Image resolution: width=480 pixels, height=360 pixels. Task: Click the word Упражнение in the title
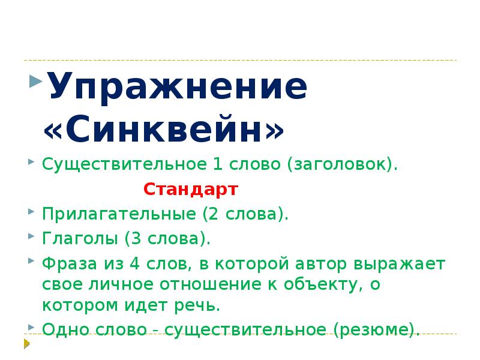pyautogui.click(x=176, y=88)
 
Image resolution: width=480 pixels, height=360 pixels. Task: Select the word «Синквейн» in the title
pyautogui.click(x=163, y=130)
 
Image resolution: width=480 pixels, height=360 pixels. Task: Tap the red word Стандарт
pyautogui.click(x=191, y=190)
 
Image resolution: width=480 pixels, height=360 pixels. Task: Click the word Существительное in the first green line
pyautogui.click(x=123, y=165)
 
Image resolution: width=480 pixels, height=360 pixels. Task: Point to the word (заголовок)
pyautogui.click(x=342, y=165)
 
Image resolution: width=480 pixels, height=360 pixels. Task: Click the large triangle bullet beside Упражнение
pyautogui.click(x=34, y=80)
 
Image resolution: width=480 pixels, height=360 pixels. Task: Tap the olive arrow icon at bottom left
pyautogui.click(x=26, y=343)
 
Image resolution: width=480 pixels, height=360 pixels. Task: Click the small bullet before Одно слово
pyautogui.click(x=31, y=326)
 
